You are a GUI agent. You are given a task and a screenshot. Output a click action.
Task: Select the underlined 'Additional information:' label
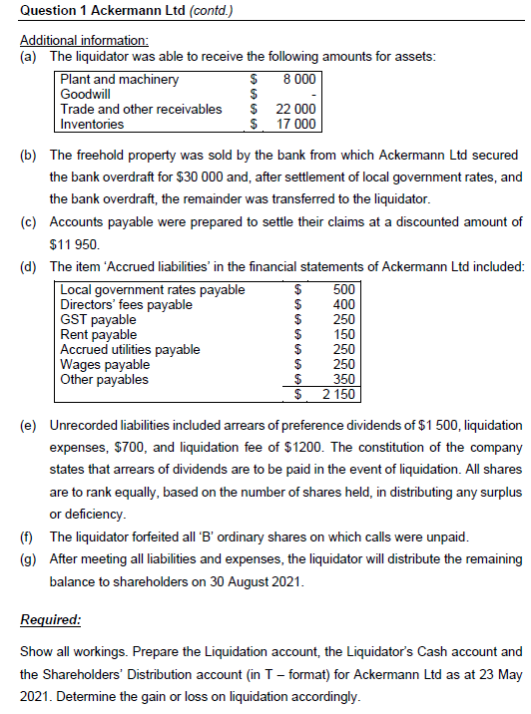tap(84, 40)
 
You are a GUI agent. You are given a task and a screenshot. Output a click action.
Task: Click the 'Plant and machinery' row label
tap(120, 79)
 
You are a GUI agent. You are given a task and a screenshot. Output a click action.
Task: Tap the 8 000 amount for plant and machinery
tap(299, 79)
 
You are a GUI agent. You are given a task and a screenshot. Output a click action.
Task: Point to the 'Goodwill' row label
tap(86, 94)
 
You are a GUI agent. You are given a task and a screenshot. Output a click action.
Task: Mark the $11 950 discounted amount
tap(75, 242)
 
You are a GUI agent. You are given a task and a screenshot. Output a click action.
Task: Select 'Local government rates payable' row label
tap(152, 290)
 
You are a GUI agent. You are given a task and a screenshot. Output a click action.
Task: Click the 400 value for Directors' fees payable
tap(343, 305)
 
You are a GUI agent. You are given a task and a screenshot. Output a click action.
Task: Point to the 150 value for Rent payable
tap(343, 335)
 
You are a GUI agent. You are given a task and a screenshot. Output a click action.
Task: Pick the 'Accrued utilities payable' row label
tap(130, 350)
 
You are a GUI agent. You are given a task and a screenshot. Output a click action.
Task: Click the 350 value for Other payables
tap(343, 379)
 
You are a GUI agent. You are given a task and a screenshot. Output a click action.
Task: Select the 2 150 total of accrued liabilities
tap(338, 395)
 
